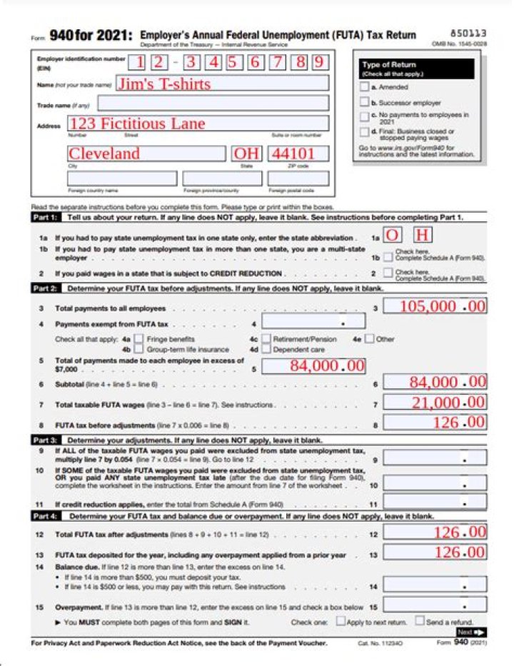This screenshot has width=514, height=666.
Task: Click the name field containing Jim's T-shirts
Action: (x=221, y=84)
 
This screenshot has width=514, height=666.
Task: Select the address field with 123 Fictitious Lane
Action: (x=198, y=123)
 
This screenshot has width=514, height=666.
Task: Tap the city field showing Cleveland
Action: (x=147, y=153)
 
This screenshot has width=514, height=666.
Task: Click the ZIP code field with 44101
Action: (x=298, y=153)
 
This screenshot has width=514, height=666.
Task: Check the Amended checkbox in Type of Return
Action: (x=365, y=87)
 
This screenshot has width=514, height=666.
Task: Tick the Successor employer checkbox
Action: (x=365, y=103)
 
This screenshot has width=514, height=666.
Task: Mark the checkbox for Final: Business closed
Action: (x=365, y=131)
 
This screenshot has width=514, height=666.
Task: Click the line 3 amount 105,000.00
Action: (x=435, y=306)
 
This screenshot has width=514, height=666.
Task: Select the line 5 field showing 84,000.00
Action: (x=313, y=365)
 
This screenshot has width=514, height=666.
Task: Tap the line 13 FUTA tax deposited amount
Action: (x=435, y=552)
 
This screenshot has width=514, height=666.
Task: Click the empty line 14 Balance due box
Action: (x=435, y=586)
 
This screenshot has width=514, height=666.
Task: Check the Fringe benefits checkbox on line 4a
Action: (x=139, y=339)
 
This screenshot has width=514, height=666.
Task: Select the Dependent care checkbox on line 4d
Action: (x=266, y=350)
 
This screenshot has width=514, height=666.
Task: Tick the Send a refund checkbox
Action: (x=419, y=621)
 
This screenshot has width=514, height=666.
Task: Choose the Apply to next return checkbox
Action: (x=341, y=621)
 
